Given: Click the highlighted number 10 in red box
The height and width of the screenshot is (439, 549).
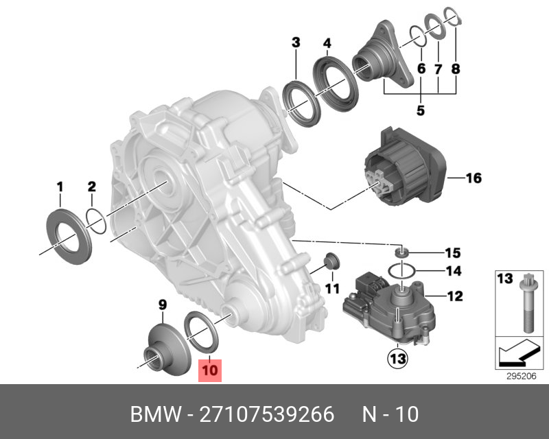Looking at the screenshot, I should click(210, 370).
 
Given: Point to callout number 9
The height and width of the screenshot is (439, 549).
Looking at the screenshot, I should click(163, 303).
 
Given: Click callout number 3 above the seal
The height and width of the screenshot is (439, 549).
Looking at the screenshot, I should click(296, 43).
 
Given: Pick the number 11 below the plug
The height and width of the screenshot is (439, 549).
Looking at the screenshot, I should click(332, 289).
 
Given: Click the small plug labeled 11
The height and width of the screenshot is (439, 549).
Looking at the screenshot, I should click(330, 261).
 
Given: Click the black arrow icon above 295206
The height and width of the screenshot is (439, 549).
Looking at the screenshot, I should click(515, 353).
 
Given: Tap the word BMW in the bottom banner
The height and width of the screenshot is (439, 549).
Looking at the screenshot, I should click(154, 415).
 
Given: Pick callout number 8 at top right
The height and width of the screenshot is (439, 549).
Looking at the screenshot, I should click(456, 69).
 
